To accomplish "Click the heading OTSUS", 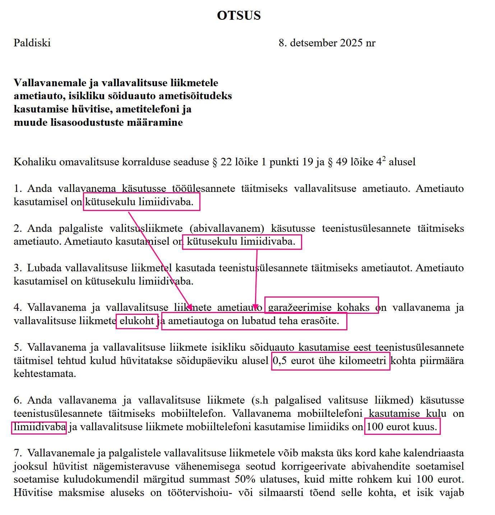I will (239, 15).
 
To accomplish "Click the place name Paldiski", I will (32, 43).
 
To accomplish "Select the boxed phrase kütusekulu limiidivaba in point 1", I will (141, 202).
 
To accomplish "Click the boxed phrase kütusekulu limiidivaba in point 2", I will (241, 242).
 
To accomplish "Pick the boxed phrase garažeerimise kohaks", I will (321, 307).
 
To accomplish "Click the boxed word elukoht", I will (137, 321).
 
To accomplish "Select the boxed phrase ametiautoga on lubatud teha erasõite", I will (254, 321).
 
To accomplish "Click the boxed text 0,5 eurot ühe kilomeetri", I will (330, 360).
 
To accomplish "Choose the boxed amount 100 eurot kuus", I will (402, 427).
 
